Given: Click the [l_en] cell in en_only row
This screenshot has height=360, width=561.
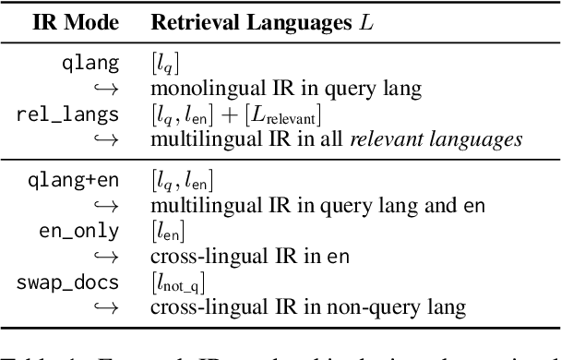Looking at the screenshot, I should (166, 229).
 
